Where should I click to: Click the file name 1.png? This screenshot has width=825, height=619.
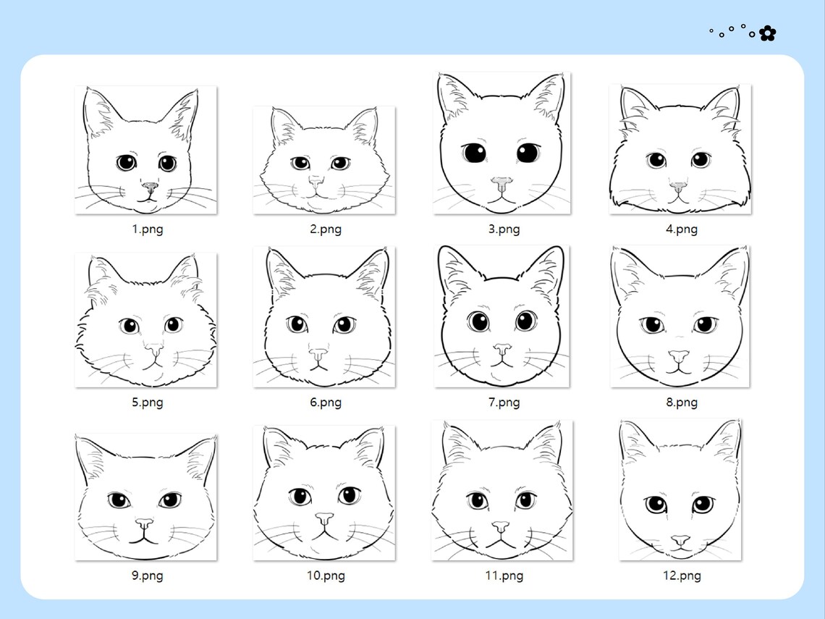(147, 230)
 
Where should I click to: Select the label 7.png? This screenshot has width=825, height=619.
(504, 403)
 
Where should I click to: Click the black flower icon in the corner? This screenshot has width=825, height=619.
(767, 33)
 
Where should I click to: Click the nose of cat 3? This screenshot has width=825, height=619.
(501, 181)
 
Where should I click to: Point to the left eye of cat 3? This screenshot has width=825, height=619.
(474, 153)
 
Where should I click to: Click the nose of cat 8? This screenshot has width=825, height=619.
(678, 356)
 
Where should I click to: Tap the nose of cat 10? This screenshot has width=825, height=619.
(324, 519)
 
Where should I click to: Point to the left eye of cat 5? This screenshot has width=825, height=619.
(130, 326)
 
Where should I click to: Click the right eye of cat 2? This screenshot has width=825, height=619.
(339, 164)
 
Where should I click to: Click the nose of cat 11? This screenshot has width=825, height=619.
(500, 527)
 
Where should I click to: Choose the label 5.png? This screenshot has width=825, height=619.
(147, 403)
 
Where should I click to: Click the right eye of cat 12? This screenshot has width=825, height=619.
(701, 505)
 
